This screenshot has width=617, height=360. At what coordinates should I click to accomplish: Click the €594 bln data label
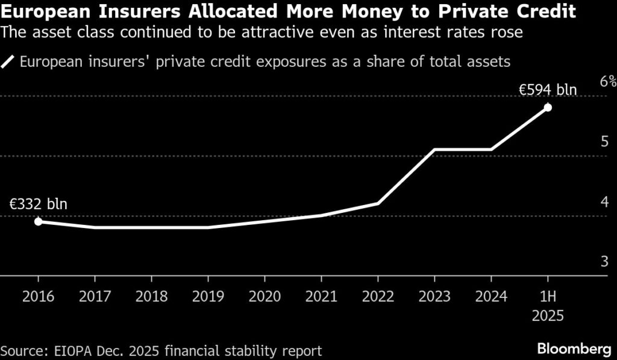[548, 90]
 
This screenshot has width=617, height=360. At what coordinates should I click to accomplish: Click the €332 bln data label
[38, 204]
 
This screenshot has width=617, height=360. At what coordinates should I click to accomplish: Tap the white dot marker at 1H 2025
[548, 107]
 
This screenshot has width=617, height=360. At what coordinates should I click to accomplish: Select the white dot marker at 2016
[38, 221]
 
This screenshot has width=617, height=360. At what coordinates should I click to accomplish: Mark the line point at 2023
[434, 149]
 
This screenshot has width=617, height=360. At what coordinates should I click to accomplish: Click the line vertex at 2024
[491, 149]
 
